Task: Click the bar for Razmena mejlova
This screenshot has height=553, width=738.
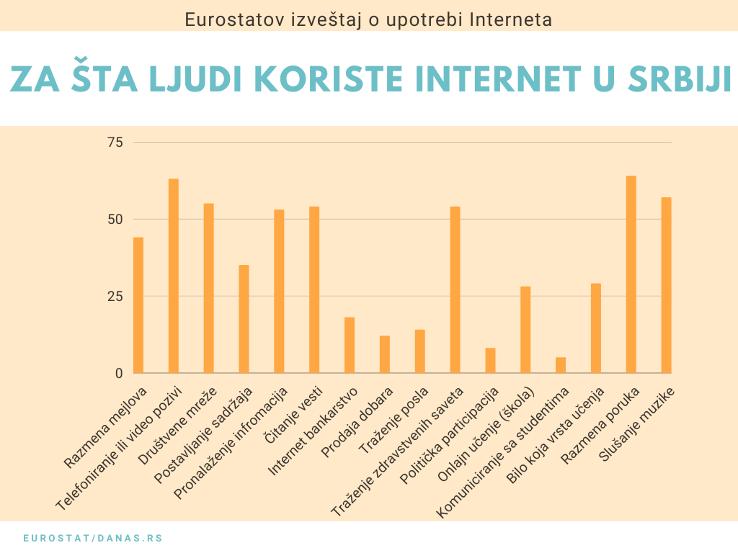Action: coord(138,305)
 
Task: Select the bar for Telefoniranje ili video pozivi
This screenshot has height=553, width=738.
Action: coord(174,276)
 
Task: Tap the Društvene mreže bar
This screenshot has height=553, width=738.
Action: coord(209,288)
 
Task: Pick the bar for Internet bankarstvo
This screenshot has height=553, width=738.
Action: coord(350,345)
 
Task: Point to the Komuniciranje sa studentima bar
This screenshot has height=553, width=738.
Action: coord(561,365)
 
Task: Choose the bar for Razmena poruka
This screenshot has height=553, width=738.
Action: coord(631,274)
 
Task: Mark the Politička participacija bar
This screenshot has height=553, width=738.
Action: coord(490,361)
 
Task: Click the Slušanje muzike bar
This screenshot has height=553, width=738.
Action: coord(666,285)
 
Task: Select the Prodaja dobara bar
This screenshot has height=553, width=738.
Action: coord(385,354)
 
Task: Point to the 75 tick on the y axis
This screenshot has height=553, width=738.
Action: coord(115,143)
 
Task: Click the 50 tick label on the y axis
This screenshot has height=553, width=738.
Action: coord(115,220)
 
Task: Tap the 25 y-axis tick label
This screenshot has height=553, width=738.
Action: coord(115,297)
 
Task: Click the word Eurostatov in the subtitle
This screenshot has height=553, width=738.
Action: coord(221,19)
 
